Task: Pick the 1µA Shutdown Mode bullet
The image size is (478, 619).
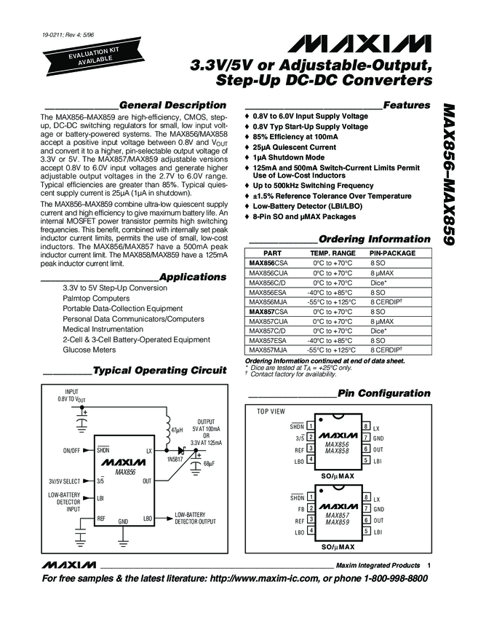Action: (x=288, y=157)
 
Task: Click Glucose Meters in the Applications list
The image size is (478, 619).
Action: (x=89, y=350)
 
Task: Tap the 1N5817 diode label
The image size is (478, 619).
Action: (x=177, y=461)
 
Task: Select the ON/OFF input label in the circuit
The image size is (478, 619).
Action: (x=71, y=451)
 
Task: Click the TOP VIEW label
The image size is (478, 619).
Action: (x=271, y=411)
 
